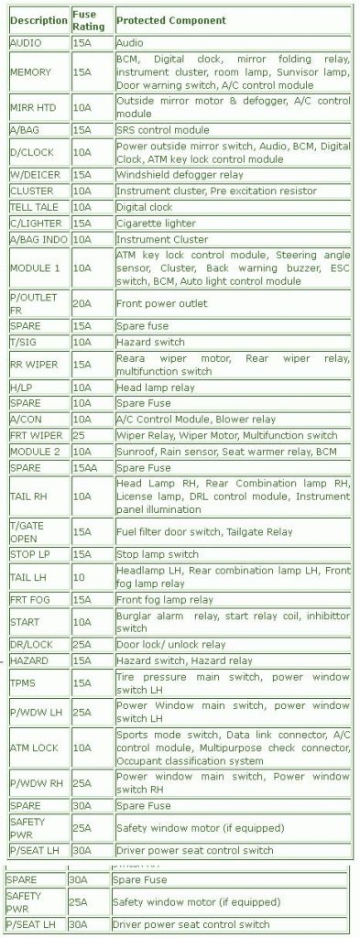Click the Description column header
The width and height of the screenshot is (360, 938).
click(38, 20)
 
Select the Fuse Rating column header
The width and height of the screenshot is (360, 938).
click(91, 20)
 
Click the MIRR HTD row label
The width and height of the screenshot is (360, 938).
click(33, 107)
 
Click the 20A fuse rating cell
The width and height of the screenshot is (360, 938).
click(82, 303)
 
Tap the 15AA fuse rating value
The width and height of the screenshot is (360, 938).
click(86, 468)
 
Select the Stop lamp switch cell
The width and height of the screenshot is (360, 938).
click(158, 554)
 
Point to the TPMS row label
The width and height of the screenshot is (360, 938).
click(24, 682)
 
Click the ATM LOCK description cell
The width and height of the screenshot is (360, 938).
click(34, 747)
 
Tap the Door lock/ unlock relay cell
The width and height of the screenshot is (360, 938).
click(170, 644)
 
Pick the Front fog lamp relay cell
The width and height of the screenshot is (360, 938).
click(165, 599)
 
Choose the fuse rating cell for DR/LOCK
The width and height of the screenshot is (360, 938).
click(82, 644)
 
